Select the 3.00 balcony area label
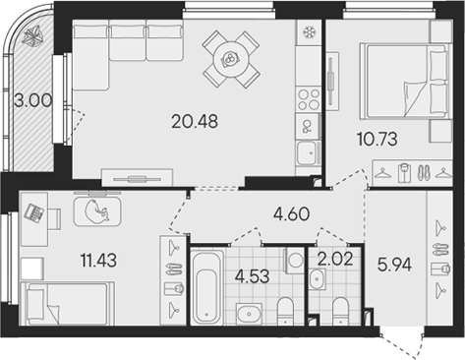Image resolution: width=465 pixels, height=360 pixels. click(31, 99)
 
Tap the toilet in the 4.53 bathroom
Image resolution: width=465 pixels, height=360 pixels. click(284, 309)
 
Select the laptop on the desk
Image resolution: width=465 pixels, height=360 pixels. click(34, 211)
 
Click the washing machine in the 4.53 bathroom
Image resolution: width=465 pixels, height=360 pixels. click(294, 259)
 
